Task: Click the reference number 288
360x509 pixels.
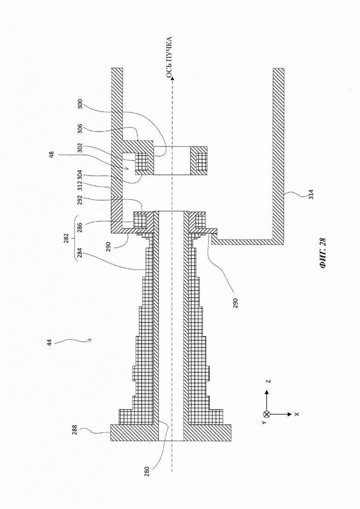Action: pyautogui.click(x=75, y=430)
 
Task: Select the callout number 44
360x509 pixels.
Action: pyautogui.click(x=49, y=342)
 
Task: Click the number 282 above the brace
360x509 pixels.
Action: pyautogui.click(x=66, y=238)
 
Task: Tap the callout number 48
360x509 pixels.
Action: pyautogui.click(x=51, y=155)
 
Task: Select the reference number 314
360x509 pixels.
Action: pyautogui.click(x=311, y=194)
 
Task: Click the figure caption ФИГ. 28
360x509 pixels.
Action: pyautogui.click(x=322, y=253)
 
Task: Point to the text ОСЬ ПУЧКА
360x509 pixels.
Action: pyautogui.click(x=168, y=57)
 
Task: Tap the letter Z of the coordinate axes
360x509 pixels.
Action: pyautogui.click(x=269, y=381)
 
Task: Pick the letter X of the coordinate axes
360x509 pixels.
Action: pyautogui.click(x=297, y=414)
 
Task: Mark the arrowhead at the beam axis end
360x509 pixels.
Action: pyautogui.click(x=172, y=78)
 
